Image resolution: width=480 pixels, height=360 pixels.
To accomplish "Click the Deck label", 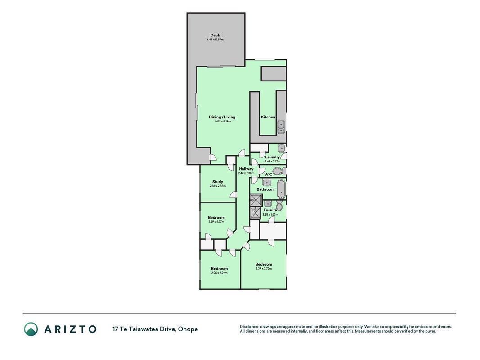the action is click(215, 35).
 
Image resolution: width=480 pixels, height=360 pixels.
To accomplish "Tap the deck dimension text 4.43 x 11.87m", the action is click(215, 40).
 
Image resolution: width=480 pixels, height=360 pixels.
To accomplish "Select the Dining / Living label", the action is click(222, 117).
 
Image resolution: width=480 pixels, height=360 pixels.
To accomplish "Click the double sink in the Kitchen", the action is click(281, 127).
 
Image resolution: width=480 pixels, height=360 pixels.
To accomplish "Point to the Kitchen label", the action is click(268, 117).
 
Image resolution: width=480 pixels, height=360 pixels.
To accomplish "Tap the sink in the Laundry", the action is click(281, 148).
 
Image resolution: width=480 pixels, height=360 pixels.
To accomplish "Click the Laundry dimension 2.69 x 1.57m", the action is click(273, 162).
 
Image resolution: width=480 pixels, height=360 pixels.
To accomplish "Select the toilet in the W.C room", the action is click(279, 171).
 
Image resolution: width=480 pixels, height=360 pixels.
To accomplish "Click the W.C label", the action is click(268, 175).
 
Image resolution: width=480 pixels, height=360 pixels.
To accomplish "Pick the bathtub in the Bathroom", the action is click(281, 189).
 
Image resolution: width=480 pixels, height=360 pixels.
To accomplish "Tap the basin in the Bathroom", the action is click(267, 183).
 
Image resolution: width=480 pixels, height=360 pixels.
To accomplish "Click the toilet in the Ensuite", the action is click(279, 205).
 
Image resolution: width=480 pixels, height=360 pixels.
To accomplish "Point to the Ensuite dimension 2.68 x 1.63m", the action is click(270, 214).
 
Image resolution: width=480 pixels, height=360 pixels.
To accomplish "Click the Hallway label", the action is click(246, 169).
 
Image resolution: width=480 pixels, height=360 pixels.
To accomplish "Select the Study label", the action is click(218, 182).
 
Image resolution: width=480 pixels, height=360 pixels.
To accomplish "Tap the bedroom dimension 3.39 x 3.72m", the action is click(264, 269).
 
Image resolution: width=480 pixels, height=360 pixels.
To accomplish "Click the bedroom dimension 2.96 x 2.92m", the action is click(219, 273).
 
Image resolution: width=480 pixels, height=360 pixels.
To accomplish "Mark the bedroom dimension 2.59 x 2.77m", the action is click(216, 222).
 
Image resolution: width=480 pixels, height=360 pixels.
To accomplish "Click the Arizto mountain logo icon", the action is click(31, 329).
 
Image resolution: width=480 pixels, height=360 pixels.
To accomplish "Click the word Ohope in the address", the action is click(188, 329).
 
